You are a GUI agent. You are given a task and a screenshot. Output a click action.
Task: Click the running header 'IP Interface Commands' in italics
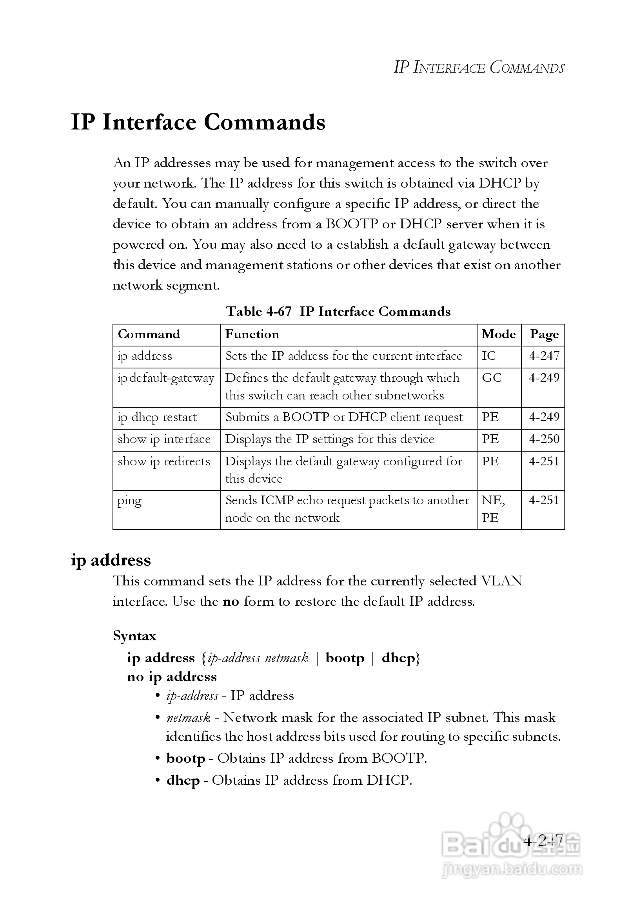479,67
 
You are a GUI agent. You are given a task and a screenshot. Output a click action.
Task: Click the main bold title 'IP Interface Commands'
198,122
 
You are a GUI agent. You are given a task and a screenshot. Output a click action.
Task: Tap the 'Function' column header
252,334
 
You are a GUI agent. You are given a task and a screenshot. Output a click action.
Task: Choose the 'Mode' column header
498,334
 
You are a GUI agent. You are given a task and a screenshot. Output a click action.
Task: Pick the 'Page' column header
544,334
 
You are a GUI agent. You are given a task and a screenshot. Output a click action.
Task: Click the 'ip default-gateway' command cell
166,378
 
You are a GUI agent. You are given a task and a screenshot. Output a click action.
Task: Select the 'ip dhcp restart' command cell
157,417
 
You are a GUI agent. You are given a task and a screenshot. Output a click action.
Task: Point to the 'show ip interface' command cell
164,439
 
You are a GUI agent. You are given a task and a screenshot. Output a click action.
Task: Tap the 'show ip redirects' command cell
164,461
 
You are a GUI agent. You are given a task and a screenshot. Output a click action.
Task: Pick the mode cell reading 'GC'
492,378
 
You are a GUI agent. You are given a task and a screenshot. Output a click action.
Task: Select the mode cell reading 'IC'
488,356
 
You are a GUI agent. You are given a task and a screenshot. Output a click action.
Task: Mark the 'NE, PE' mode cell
493,509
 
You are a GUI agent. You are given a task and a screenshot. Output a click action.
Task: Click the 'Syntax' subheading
134,636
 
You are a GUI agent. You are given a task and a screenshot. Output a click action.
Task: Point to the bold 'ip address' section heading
111,560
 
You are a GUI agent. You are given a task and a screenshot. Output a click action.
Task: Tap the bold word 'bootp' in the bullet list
186,758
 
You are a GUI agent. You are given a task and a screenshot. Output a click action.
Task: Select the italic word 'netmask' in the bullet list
189,718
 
